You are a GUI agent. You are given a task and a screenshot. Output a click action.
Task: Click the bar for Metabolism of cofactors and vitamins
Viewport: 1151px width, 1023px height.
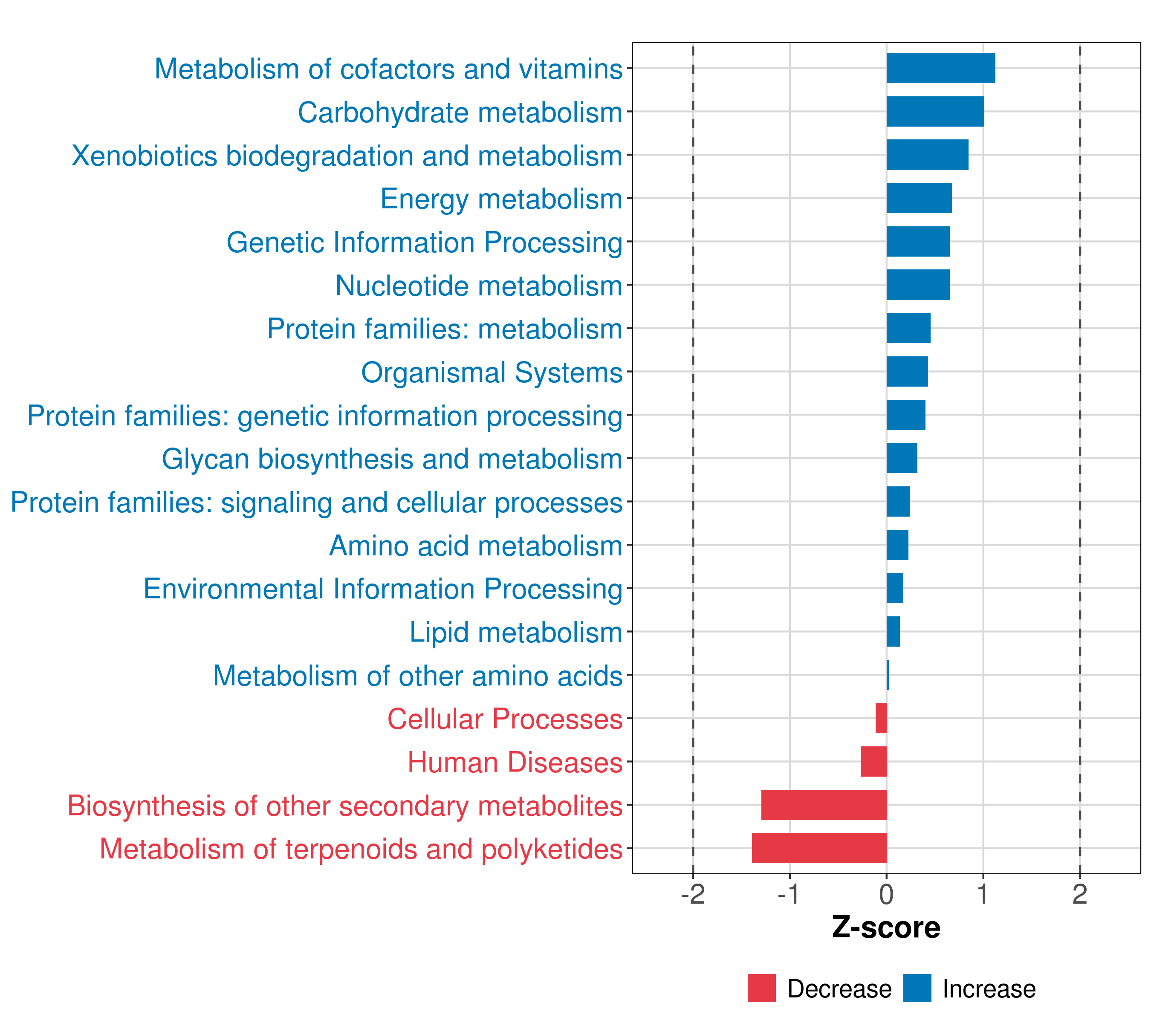(940, 68)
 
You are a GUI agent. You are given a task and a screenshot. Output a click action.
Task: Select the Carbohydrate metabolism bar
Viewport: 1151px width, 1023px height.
(935, 112)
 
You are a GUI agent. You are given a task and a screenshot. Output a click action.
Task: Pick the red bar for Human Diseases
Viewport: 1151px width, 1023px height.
(873, 761)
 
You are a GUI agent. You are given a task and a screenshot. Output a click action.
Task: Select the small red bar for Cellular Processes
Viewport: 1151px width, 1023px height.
(881, 718)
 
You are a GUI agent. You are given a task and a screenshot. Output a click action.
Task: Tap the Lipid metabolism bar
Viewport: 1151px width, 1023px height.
(893, 631)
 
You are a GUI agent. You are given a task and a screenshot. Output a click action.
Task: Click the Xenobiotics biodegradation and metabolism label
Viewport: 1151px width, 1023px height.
(346, 156)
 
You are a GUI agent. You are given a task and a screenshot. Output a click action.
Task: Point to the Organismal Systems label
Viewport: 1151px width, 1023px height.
(491, 373)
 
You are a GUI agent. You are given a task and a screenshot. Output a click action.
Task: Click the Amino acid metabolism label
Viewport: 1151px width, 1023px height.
(475, 546)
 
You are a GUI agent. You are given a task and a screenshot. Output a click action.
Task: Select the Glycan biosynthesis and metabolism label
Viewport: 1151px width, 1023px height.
(391, 459)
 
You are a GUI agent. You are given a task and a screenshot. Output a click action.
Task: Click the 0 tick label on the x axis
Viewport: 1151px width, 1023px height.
(886, 895)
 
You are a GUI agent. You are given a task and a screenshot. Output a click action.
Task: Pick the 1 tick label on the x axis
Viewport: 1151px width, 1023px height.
(983, 895)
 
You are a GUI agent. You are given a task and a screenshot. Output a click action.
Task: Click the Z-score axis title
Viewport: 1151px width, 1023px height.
(886, 929)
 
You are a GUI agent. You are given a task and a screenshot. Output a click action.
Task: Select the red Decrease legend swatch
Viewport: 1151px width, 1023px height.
(761, 988)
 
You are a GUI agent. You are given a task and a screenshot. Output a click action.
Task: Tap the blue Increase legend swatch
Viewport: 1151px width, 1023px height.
(917, 988)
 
